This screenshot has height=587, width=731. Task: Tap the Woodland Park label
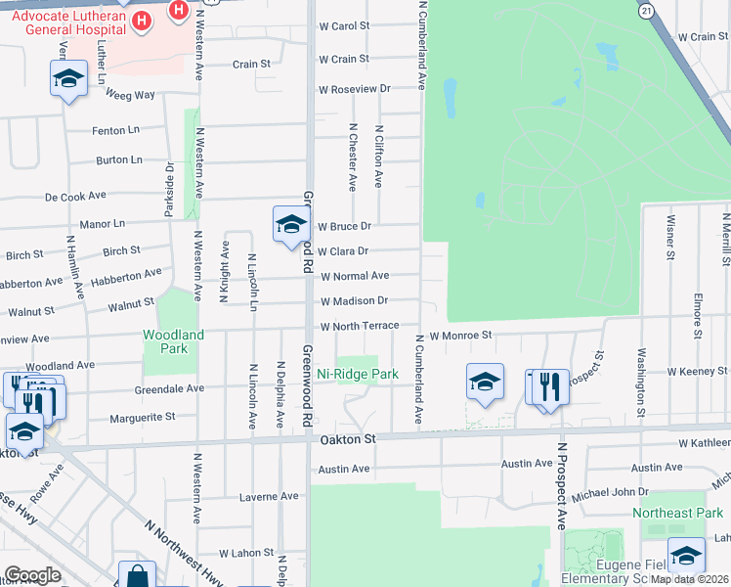pyautogui.click(x=173, y=340)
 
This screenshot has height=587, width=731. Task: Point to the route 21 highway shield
pyautogui.click(x=646, y=10)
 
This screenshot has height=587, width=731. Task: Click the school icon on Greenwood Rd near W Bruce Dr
pyautogui.click(x=290, y=225)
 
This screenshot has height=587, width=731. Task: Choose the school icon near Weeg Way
pyautogui.click(x=68, y=78)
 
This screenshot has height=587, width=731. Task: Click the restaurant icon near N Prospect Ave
pyautogui.click(x=548, y=384)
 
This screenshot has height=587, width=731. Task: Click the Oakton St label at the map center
pyautogui.click(x=347, y=440)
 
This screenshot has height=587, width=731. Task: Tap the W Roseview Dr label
pyautogui.click(x=354, y=89)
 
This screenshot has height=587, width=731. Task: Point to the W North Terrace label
pyautogui.click(x=360, y=325)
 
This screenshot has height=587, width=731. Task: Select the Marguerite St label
pyautogui.click(x=143, y=416)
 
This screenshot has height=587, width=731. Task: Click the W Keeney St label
pyautogui.click(x=698, y=372)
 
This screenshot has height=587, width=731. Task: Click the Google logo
pyautogui.click(x=32, y=575)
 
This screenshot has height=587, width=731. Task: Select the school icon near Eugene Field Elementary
pyautogui.click(x=686, y=556)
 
